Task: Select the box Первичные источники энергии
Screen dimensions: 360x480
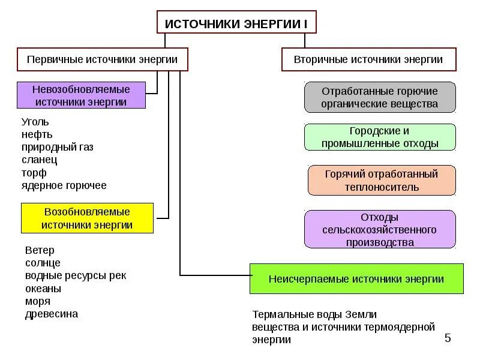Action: (102, 59)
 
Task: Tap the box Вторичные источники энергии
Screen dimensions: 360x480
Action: (368, 59)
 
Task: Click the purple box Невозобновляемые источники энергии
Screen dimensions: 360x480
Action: (81, 95)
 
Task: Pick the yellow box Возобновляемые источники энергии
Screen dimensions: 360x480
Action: (87, 218)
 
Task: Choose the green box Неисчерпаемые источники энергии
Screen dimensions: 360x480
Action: (356, 278)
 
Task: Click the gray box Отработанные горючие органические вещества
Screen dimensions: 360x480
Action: (380, 98)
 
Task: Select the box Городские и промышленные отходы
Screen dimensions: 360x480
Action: (380, 137)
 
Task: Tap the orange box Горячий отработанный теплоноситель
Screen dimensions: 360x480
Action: (382, 181)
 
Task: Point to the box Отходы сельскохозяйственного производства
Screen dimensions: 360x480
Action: (380, 229)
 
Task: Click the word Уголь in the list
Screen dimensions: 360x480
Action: (35, 122)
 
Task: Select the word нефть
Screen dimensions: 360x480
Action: (37, 134)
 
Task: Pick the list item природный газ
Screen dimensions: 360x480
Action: (58, 147)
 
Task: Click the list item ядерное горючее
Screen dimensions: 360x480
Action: (64, 185)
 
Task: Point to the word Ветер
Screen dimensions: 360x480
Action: (40, 250)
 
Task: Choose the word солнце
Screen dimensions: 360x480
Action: (43, 263)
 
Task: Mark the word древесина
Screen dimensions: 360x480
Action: (52, 314)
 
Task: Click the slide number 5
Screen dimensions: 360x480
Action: (448, 338)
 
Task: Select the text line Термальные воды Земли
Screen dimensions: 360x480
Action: (314, 314)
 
